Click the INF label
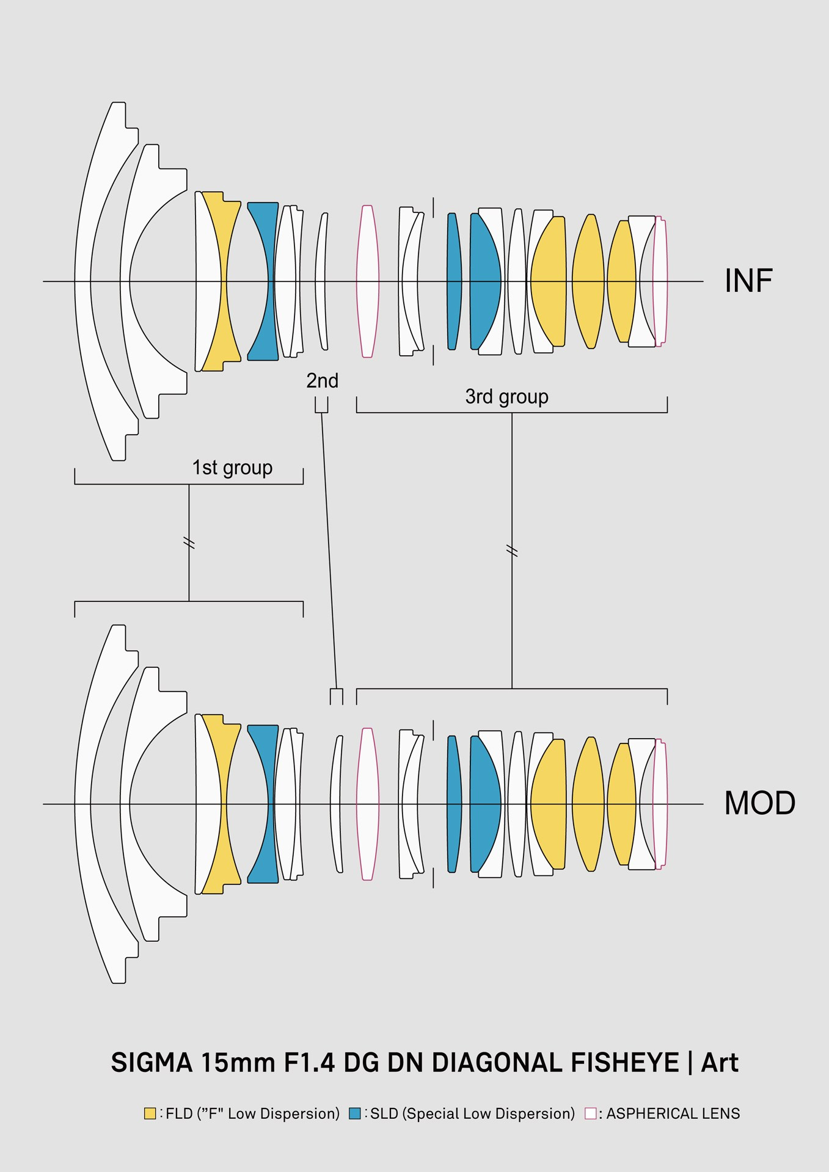(748, 281)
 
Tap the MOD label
(759, 803)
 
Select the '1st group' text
(232, 468)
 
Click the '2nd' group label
(322, 381)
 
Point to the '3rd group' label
(506, 397)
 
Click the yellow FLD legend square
(150, 1113)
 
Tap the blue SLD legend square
(355, 1113)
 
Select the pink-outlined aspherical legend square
(590, 1113)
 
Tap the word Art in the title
(720, 1063)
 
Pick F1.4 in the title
(309, 1063)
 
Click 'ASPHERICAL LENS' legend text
(673, 1114)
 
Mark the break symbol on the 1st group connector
(189, 543)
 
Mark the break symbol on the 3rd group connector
(512, 552)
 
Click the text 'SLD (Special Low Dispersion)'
(472, 1114)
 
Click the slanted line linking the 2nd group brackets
(329, 549)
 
